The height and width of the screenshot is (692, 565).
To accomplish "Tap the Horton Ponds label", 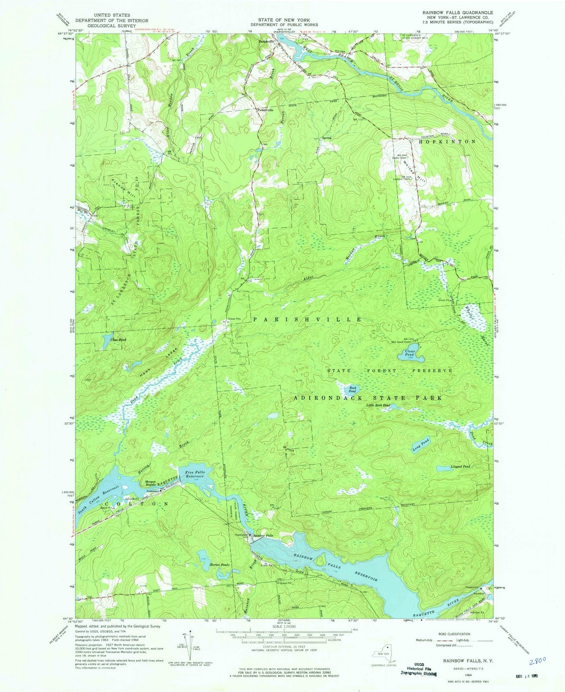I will click(219, 565).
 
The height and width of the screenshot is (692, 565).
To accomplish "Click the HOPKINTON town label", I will click(447, 141).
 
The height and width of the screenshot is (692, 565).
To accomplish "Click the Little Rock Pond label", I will click(378, 405).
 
